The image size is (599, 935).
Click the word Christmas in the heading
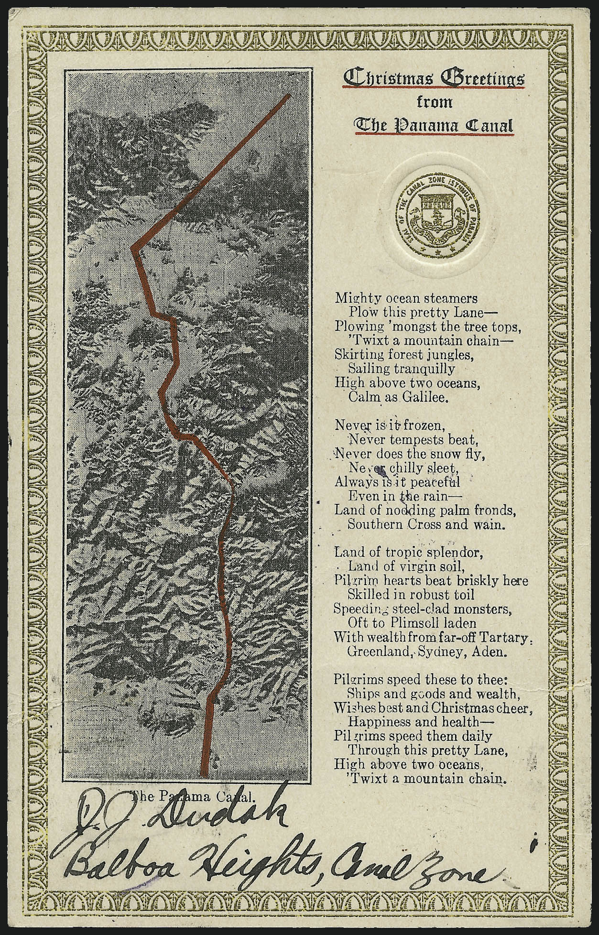[x=385, y=78]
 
